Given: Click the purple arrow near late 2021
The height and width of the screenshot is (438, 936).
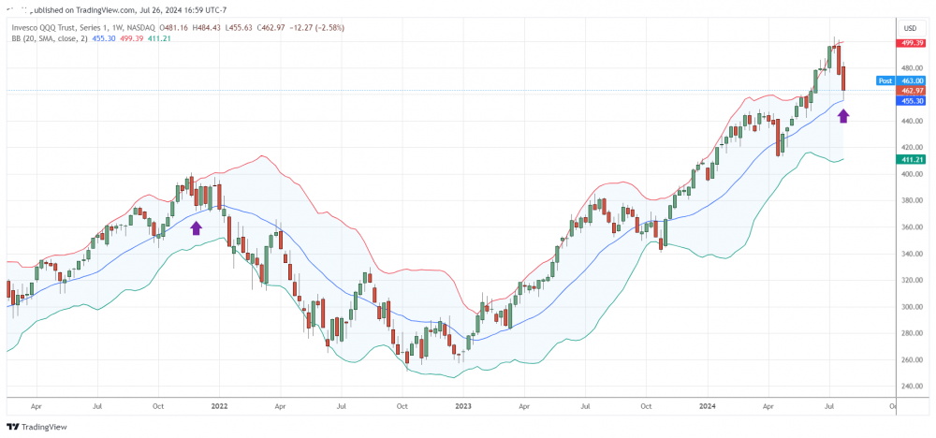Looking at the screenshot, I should [x=196, y=226].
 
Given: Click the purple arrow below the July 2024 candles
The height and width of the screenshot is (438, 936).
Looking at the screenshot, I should [x=843, y=115].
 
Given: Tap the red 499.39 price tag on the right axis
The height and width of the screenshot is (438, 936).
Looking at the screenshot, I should [x=913, y=43].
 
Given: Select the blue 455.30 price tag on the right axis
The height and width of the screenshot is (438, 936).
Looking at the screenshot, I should [x=913, y=100].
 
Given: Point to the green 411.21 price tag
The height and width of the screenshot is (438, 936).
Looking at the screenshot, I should [x=913, y=160].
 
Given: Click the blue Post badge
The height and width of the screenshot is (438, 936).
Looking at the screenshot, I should [x=885, y=81].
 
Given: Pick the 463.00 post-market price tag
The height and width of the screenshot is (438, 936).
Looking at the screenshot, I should [x=913, y=81].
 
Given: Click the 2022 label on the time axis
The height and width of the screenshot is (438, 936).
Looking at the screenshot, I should [x=220, y=407].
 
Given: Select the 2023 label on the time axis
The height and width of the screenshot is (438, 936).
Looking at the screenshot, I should [x=462, y=407].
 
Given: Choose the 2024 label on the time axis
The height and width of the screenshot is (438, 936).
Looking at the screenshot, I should [x=708, y=407].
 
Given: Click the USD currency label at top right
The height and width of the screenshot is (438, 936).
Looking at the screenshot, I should [x=910, y=29].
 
